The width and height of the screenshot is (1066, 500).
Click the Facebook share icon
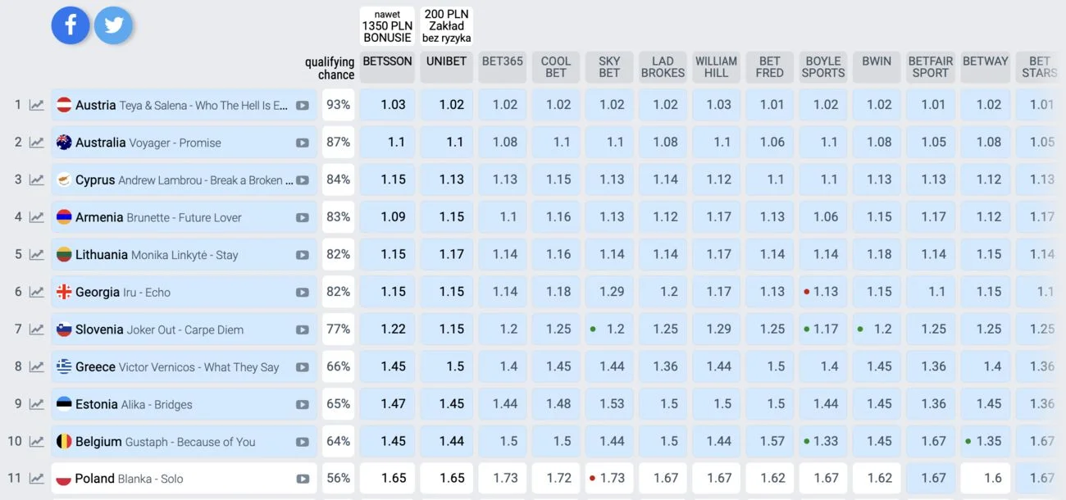[71, 25]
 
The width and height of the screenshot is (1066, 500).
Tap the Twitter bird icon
[113, 25]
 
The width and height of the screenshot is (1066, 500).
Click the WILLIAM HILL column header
[716, 67]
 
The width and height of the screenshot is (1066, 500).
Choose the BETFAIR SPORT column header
[930, 67]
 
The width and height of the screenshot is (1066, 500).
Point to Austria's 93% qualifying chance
[339, 104]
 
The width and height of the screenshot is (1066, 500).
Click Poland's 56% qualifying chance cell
[339, 478]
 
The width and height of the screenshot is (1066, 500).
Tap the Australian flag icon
[64, 142]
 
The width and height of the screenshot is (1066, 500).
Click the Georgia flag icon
[64, 291]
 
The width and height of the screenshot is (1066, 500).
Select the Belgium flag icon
[64, 441]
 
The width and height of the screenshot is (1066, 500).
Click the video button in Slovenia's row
[303, 330]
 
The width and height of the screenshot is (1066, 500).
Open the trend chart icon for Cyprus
[37, 180]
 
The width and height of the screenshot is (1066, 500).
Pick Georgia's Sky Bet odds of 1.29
[612, 291]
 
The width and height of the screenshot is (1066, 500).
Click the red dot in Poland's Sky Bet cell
[593, 478]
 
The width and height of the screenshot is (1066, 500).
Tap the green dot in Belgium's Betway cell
[968, 441]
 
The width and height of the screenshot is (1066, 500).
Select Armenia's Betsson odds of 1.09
[393, 216]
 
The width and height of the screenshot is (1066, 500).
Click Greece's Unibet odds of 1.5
[455, 366]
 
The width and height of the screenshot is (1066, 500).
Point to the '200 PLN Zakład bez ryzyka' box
[446, 25]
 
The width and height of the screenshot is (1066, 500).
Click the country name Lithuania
[102, 255]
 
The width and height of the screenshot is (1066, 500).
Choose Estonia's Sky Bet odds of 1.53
[612, 403]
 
